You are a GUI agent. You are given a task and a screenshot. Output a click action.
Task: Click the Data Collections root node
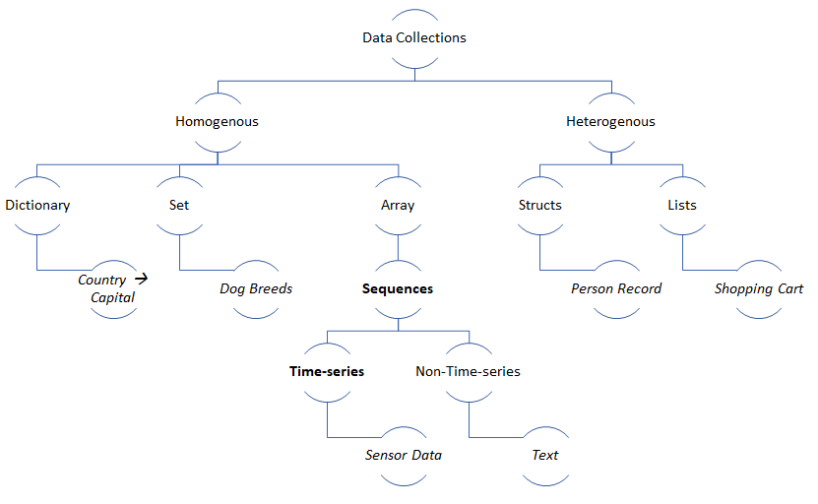point(413,38)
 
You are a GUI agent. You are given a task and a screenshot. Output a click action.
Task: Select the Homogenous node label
point(217,122)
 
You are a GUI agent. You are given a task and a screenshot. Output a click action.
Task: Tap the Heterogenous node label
point(610,122)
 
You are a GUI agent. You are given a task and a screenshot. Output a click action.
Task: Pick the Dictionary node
point(37,206)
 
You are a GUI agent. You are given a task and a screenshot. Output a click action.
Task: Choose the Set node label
point(179,206)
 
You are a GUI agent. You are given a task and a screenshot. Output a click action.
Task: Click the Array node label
point(398,206)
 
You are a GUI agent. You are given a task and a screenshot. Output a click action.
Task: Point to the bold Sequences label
point(398,289)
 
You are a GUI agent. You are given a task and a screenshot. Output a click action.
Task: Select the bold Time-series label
point(327,372)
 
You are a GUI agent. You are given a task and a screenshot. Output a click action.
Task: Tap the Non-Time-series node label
point(468,372)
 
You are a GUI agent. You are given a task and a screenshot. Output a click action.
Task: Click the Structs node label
point(539,206)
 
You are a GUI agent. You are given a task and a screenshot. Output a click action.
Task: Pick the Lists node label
point(681,206)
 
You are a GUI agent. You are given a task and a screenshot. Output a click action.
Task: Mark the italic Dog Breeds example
point(256,289)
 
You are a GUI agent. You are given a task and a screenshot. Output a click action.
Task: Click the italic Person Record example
point(616,289)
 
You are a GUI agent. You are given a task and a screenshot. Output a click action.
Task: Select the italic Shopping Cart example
point(759,289)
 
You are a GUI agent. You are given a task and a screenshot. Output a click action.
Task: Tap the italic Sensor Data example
point(403,455)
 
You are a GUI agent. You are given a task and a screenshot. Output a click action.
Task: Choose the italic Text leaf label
point(544,455)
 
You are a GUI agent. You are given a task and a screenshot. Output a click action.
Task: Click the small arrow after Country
point(141,279)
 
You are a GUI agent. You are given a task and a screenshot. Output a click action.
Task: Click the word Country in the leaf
point(102,281)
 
